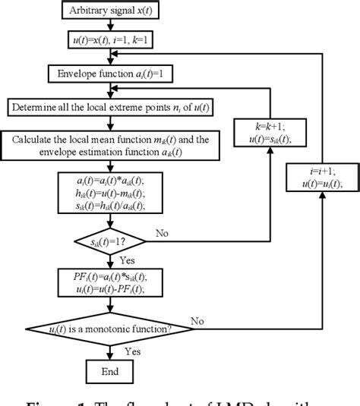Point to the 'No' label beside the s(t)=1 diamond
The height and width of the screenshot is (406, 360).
[162, 233]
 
